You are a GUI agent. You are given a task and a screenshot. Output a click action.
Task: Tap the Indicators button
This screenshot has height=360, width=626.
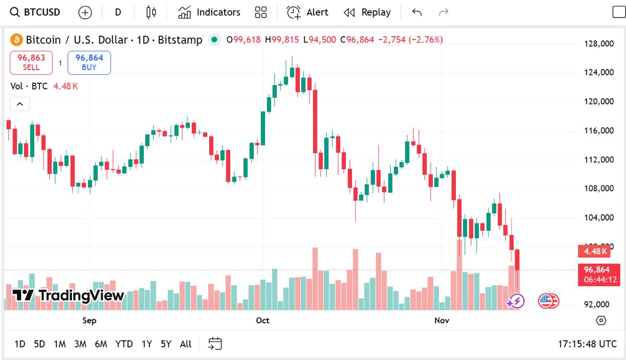[x=209, y=12]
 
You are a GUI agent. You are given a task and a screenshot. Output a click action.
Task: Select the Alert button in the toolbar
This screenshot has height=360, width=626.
[x=308, y=12]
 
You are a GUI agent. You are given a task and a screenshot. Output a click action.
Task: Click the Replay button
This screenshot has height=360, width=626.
[x=367, y=12]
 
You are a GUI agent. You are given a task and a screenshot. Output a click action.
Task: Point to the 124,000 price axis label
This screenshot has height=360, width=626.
[x=599, y=72]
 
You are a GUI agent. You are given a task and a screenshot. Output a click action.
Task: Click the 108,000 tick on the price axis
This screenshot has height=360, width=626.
[x=599, y=188]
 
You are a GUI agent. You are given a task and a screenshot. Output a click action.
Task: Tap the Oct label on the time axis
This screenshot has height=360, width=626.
[x=263, y=320]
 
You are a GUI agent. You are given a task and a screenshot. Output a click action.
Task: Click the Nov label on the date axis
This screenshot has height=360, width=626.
[x=442, y=320]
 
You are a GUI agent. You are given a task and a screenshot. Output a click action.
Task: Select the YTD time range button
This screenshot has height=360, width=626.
[x=124, y=344]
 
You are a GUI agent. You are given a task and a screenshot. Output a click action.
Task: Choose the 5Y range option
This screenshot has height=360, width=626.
[x=166, y=344]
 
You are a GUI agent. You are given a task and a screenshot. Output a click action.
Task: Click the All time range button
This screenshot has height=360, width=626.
[x=185, y=344]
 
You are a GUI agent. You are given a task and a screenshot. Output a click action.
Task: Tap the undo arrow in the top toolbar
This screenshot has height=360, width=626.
[x=417, y=12]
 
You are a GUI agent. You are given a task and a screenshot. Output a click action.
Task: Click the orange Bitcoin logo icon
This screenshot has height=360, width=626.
[x=17, y=40]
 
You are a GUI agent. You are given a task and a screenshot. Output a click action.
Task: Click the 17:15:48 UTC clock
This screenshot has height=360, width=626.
[x=587, y=344]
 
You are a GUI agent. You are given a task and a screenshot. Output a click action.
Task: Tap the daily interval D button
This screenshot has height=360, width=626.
[x=118, y=12]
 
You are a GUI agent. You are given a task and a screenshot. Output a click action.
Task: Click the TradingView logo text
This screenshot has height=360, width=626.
[x=68, y=295]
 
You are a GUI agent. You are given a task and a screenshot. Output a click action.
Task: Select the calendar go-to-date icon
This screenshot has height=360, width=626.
[x=215, y=344]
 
